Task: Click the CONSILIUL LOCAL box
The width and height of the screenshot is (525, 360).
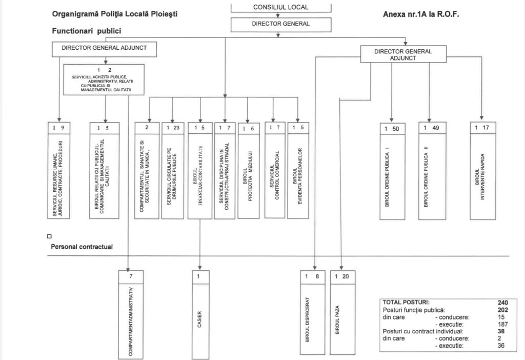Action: pos(280,7)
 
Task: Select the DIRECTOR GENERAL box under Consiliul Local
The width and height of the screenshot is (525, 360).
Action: pos(280,24)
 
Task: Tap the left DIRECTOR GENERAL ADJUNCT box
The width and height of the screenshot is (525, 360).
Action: pos(104,48)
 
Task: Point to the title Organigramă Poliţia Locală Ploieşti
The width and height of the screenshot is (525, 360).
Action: pos(115,14)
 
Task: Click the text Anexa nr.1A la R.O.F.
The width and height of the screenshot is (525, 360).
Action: pos(421,14)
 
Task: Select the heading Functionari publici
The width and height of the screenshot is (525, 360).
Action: pos(87,31)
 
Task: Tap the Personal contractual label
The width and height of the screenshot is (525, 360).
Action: pos(82,247)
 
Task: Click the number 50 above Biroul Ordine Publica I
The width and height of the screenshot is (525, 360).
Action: pos(395,129)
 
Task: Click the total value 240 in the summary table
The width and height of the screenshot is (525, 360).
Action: pos(502,302)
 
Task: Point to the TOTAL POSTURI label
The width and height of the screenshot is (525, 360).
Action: pos(406,302)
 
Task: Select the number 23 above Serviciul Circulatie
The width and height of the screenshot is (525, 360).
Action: pos(176,128)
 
